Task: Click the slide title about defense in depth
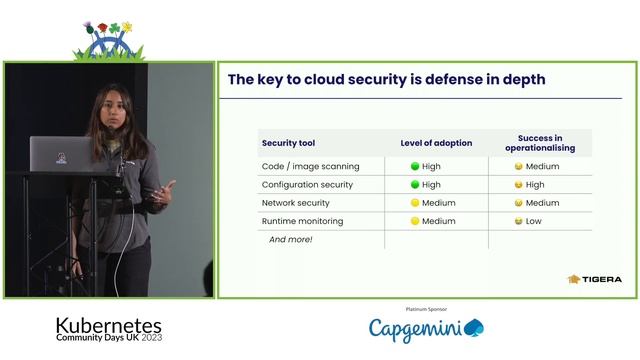pyautogui.click(x=386, y=80)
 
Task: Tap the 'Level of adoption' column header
pyautogui.click(x=436, y=143)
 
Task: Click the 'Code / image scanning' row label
pyautogui.click(x=310, y=166)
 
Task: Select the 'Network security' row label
pyautogui.click(x=295, y=203)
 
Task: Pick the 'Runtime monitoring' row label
pyautogui.click(x=301, y=221)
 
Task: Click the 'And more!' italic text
pyautogui.click(x=291, y=240)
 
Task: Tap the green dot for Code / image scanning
pyautogui.click(x=415, y=166)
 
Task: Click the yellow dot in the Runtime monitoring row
pyautogui.click(x=415, y=221)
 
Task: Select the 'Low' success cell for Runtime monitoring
pyautogui.click(x=536, y=221)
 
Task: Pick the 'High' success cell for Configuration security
pyautogui.click(x=536, y=185)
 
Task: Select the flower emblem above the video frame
pyautogui.click(x=108, y=38)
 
